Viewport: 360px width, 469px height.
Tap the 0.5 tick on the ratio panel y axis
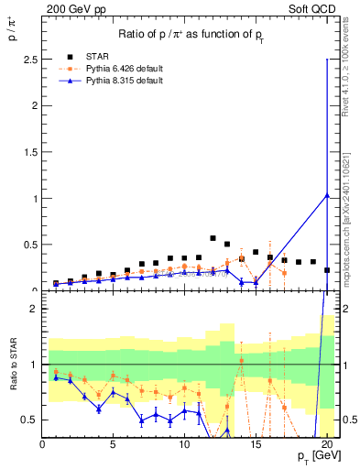tap(29, 420)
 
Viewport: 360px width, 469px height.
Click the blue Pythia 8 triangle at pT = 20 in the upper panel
tap(327, 194)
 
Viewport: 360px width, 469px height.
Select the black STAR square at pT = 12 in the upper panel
tap(213, 238)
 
